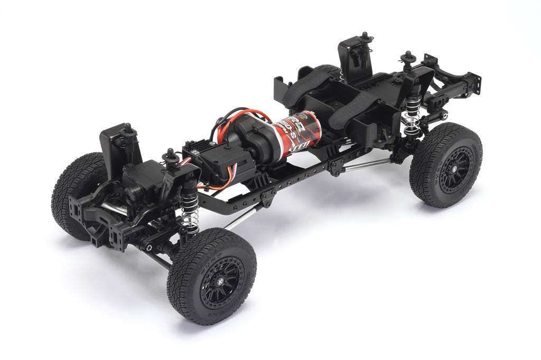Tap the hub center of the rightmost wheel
click(454, 168)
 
